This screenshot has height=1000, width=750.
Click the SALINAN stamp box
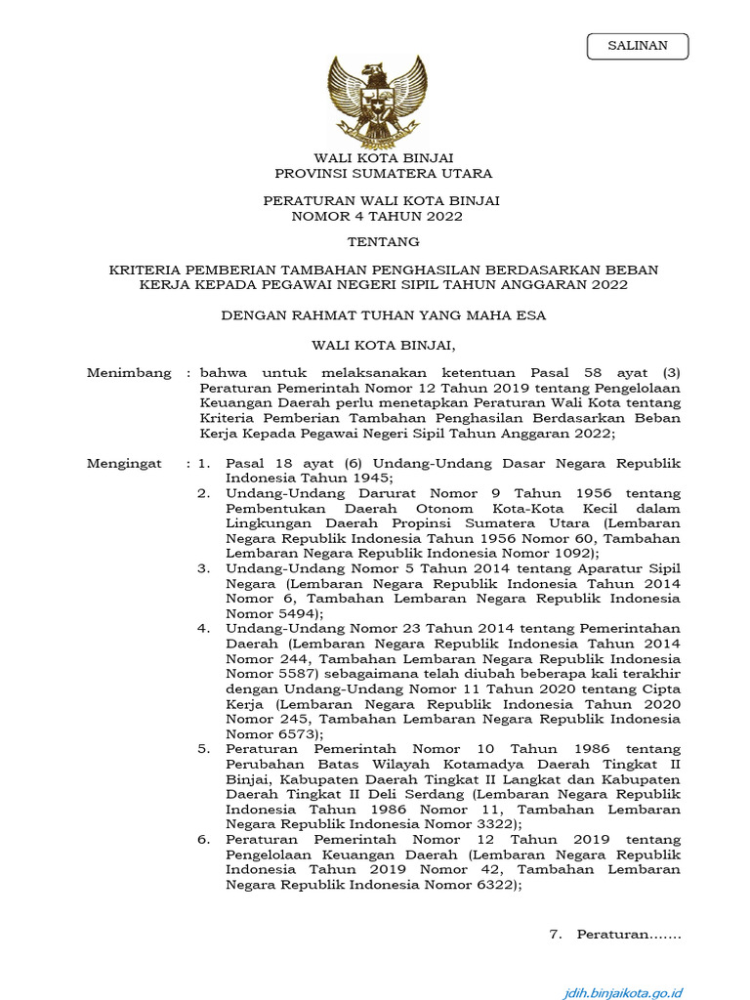(x=638, y=46)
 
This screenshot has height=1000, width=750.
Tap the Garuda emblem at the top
(x=377, y=101)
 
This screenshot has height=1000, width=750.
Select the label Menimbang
(x=129, y=373)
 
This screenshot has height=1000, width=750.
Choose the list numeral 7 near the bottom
(x=555, y=935)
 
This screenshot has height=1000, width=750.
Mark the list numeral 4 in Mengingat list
(x=203, y=629)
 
